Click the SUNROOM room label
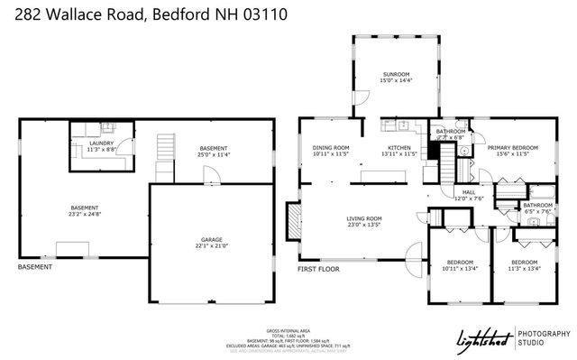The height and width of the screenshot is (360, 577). coord(396,74)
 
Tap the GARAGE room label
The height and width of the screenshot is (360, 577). coord(212,240)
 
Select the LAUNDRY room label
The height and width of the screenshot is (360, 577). coord(100,143)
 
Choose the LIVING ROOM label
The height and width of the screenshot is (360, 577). coord(365,218)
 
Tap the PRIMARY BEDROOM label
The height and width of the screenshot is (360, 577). coord(513,147)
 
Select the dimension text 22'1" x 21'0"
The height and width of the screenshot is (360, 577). coord(212,246)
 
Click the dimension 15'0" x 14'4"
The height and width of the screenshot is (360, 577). coord(396,80)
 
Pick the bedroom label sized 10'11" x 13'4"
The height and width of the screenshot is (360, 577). coord(459,263)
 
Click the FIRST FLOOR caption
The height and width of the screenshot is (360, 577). coord(319,269)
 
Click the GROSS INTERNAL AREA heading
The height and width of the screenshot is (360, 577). coord(288,330)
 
